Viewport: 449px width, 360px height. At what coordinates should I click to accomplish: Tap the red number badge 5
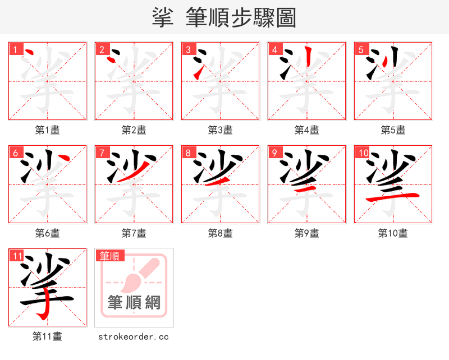click(x=361, y=49)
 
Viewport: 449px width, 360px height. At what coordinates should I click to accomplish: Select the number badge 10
click(x=363, y=153)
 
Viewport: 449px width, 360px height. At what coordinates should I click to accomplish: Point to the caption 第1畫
click(x=48, y=130)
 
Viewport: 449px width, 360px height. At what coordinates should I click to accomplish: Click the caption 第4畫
click(x=307, y=130)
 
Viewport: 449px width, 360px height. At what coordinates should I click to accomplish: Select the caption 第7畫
click(x=134, y=233)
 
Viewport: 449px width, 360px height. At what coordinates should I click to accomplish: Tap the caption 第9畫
click(x=307, y=233)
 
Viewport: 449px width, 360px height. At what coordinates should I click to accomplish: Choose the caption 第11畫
click(x=48, y=336)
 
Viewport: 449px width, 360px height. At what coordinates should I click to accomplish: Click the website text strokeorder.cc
click(x=134, y=336)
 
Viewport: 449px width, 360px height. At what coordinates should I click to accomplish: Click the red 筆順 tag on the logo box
click(x=109, y=256)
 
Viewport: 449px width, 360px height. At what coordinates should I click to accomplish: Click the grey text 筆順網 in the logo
click(x=134, y=303)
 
